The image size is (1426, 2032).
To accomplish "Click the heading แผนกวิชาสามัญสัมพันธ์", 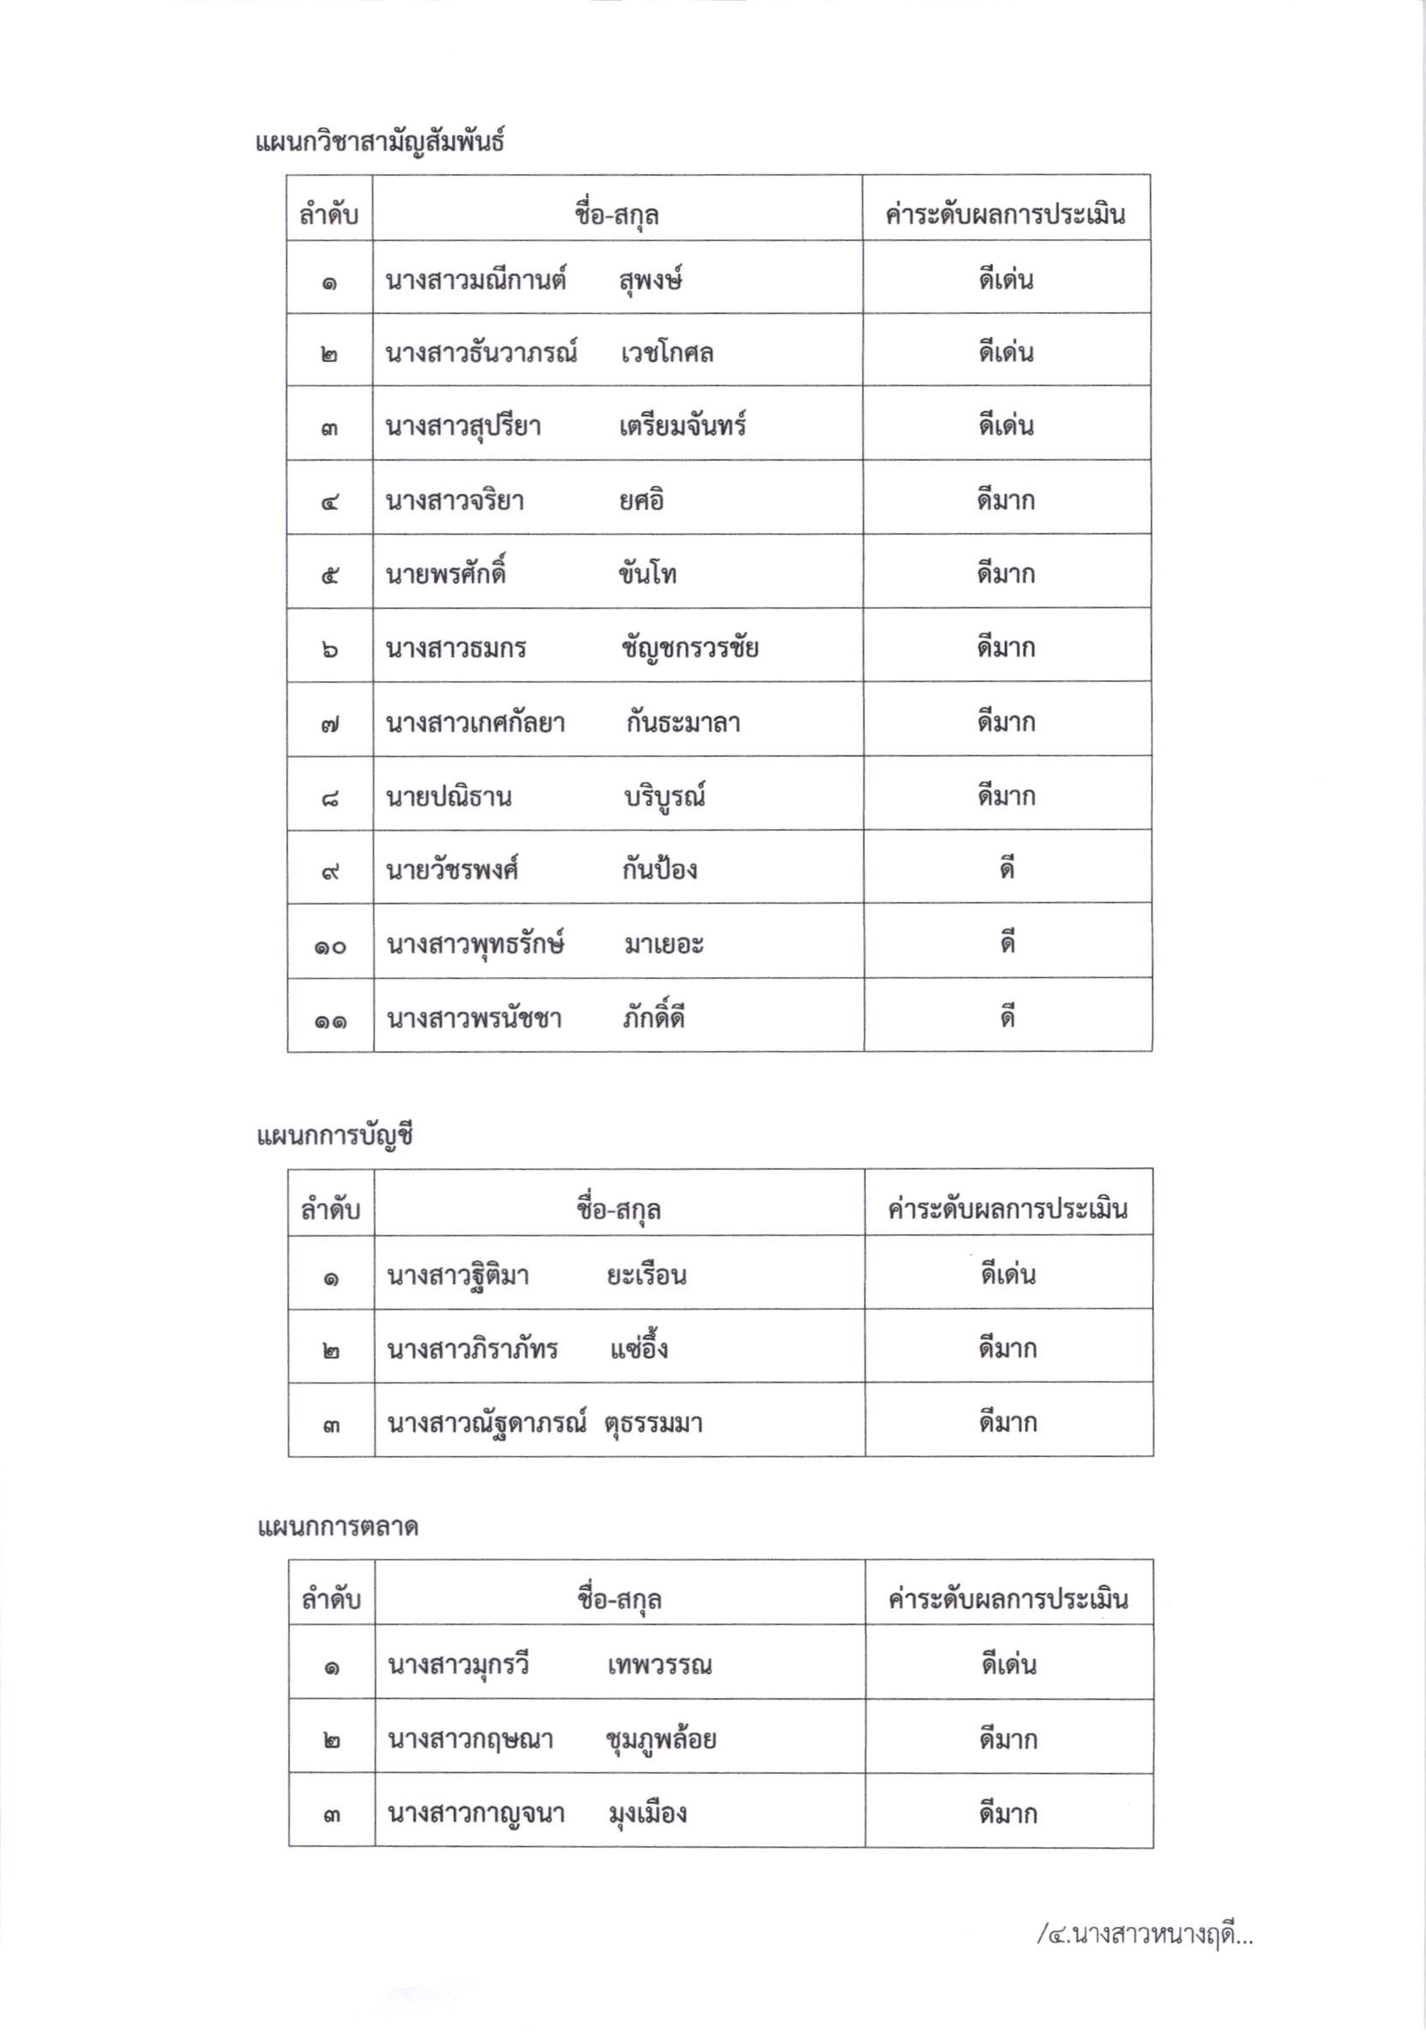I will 380,142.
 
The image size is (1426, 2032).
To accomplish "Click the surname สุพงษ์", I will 650,281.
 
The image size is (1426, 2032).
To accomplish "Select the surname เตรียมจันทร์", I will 682,426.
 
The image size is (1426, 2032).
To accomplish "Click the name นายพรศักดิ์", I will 445,574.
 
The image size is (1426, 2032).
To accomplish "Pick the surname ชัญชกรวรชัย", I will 690,649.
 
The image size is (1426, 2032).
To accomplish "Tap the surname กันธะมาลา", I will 681,723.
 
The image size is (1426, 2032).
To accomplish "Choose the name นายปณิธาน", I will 448,797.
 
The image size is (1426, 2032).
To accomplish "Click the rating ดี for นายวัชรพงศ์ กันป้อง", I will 1006,870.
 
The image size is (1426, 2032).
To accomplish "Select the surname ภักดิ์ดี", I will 653,1019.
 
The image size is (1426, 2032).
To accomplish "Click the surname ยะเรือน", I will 646,1275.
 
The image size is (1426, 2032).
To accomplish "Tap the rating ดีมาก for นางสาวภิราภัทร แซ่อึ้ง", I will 1007,1349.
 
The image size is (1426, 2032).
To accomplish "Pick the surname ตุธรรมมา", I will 654,1424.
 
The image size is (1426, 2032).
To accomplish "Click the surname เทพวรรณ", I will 660,1666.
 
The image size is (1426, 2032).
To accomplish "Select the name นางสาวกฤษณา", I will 470,1740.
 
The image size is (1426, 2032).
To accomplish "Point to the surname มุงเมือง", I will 647,1813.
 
